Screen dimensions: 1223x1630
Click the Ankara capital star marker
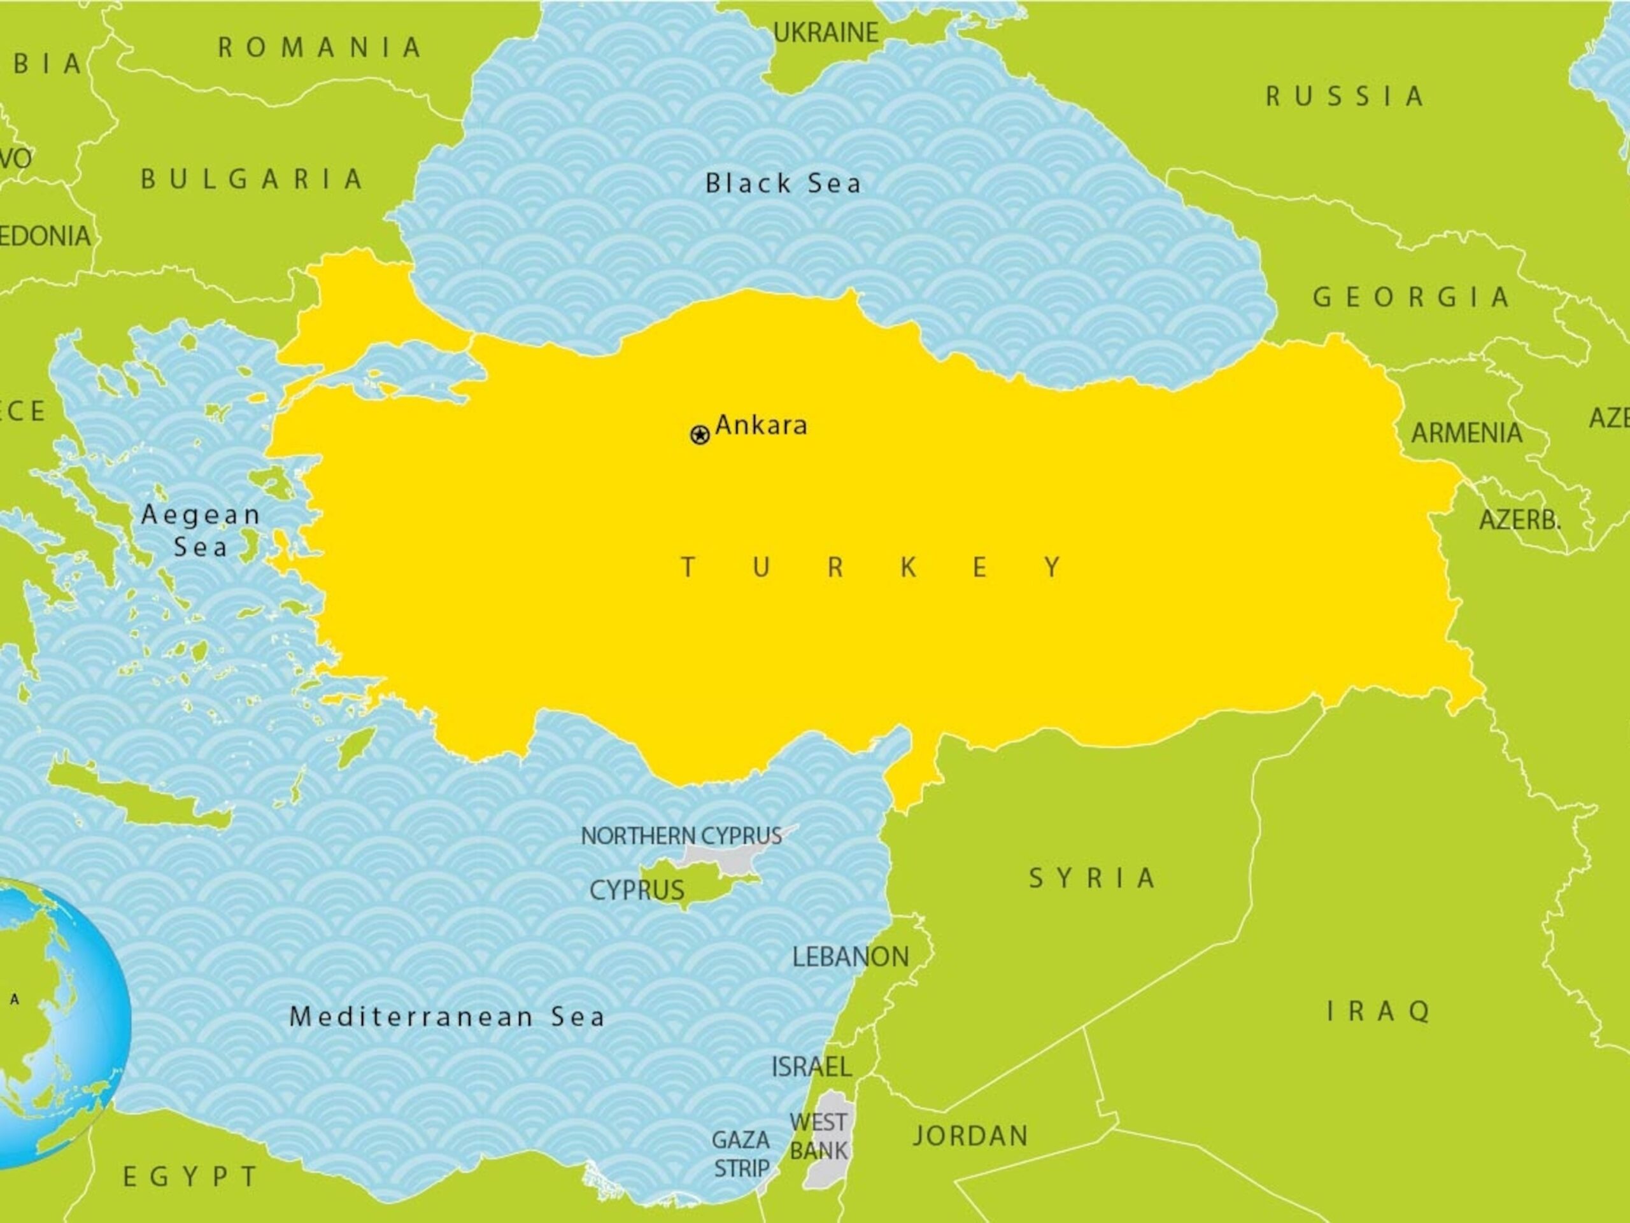(x=699, y=435)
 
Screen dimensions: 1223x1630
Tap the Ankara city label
(x=762, y=425)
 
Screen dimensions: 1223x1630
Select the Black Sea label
(x=783, y=183)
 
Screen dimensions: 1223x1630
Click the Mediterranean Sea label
(x=447, y=1017)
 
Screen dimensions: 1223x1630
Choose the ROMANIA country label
(x=320, y=48)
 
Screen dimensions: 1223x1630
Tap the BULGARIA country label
(x=252, y=179)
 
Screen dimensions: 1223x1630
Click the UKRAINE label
(x=825, y=32)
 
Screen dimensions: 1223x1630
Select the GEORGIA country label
(x=1411, y=297)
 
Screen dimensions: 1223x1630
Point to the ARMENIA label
(x=1466, y=433)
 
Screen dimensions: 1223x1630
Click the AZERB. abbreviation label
(x=1519, y=520)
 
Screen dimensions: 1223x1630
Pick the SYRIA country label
(x=1092, y=878)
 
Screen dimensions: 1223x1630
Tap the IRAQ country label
(x=1378, y=1011)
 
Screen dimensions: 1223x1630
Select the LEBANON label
(x=851, y=957)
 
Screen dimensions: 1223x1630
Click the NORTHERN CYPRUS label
(x=681, y=835)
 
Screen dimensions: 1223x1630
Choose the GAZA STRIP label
(x=741, y=1154)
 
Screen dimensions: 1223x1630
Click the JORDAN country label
(x=970, y=1135)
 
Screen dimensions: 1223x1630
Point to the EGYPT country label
(x=190, y=1177)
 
